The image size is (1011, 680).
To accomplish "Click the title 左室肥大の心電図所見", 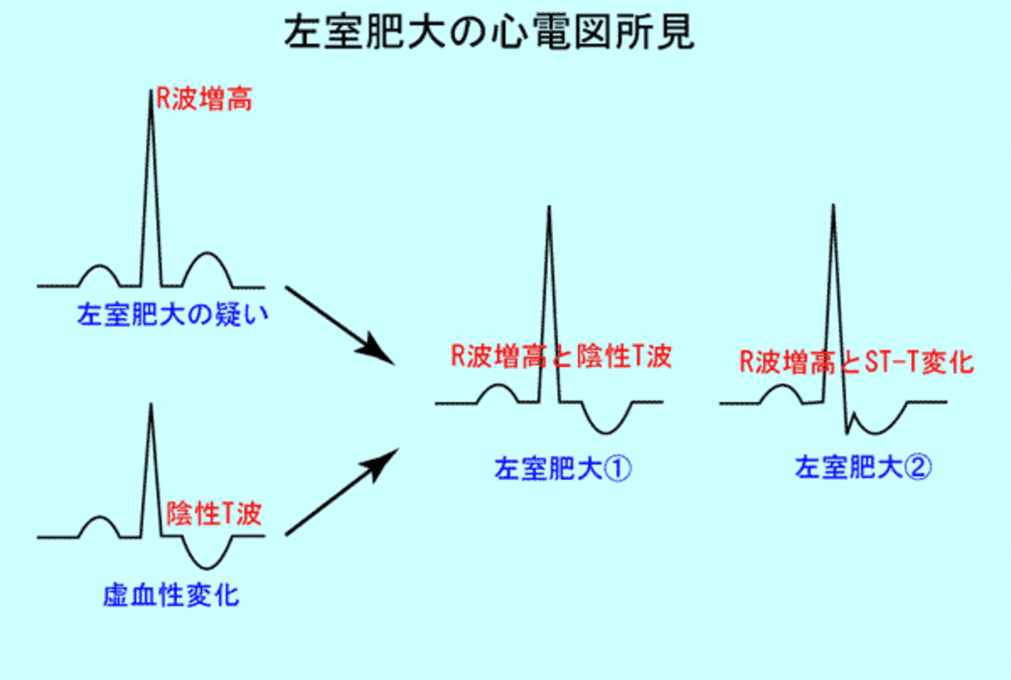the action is (489, 32).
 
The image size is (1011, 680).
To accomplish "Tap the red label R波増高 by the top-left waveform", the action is (204, 99).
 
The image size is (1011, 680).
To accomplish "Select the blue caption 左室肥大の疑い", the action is (173, 314).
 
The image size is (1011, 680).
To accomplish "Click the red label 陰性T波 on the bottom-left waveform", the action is (215, 513).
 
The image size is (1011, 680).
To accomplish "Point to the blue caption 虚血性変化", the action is (171, 595).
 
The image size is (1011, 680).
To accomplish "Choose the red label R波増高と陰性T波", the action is (561, 356).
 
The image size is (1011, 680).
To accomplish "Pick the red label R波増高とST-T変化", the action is (857, 361).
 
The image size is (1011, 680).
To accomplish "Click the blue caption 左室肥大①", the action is (563, 468).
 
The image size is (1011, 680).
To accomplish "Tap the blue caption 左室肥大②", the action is (863, 467).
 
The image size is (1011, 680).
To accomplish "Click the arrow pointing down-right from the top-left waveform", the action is (340, 325).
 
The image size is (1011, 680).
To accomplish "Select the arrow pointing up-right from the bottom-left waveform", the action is (342, 492).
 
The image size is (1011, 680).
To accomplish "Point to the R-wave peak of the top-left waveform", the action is (151, 91).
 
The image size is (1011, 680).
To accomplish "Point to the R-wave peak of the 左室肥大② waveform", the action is (833, 205).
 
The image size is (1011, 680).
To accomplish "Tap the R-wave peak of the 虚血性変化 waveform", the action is (151, 404).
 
